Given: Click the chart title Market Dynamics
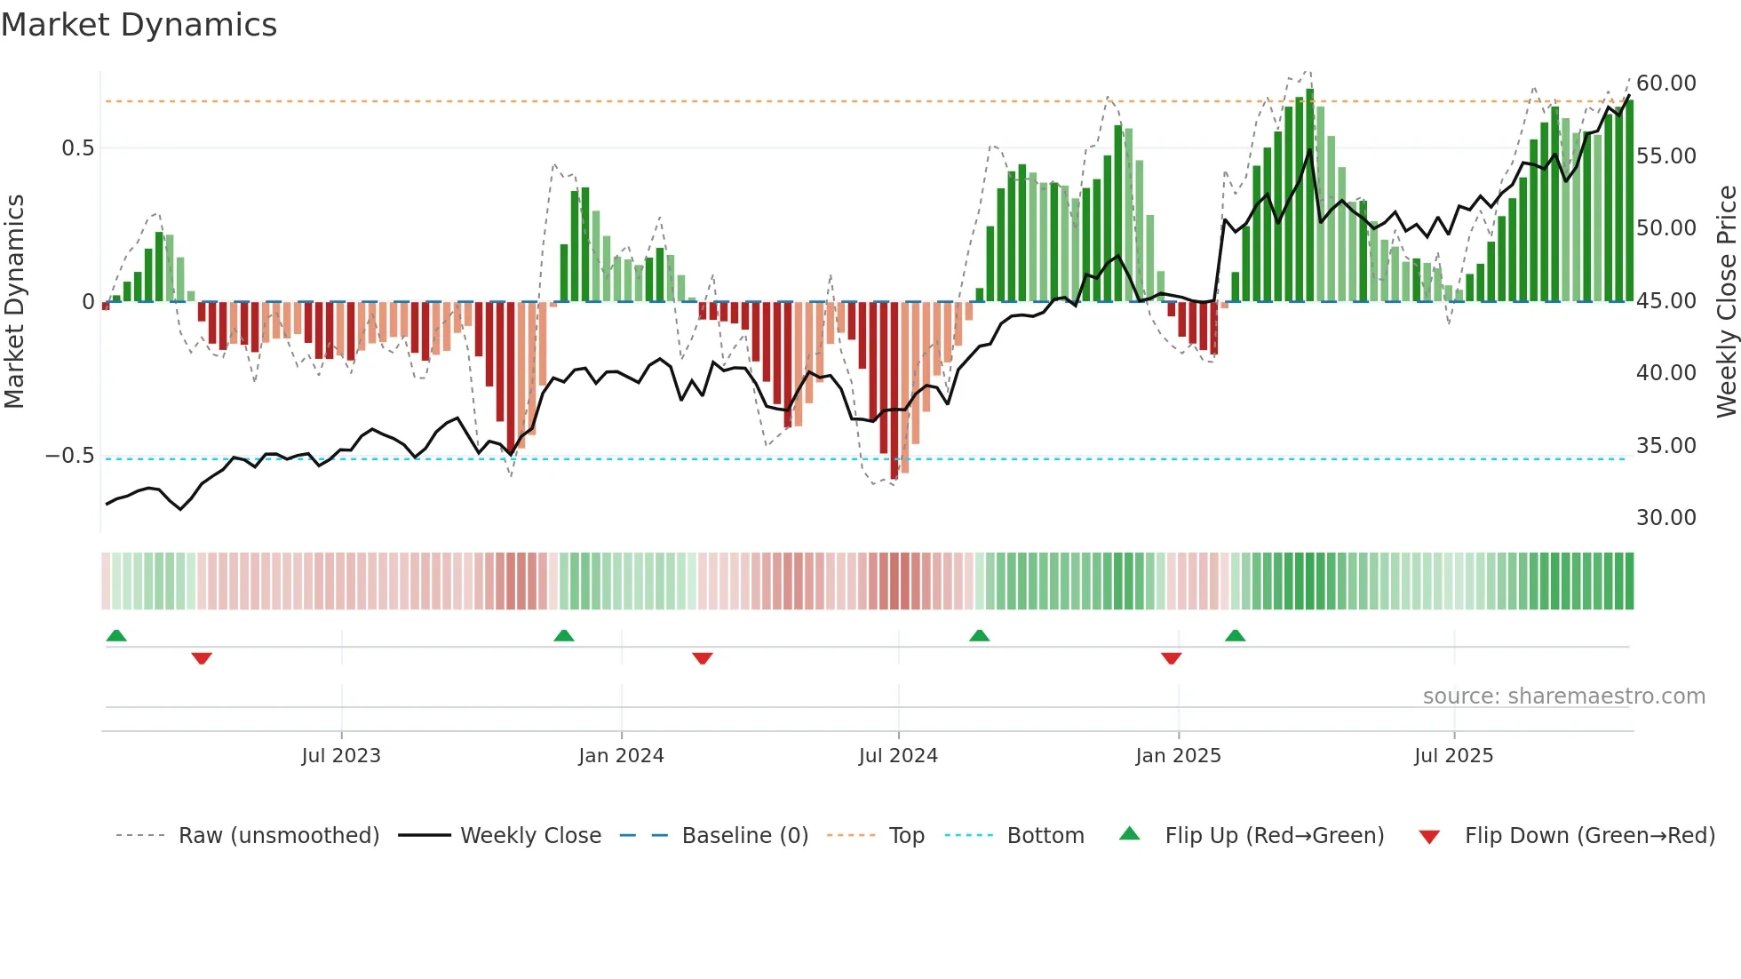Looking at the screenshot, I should coord(139,25).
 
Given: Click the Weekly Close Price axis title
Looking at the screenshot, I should coord(1726,301).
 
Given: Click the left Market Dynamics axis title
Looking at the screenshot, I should coord(14,301).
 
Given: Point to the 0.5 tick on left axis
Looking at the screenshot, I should coord(78,148).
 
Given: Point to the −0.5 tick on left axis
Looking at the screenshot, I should coord(70,456).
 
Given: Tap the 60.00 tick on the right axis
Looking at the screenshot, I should coord(1665,84).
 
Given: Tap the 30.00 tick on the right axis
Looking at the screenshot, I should coord(1665,518).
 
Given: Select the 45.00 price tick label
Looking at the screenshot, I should coord(1665,301).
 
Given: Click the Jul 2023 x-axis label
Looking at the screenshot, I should coord(341,756).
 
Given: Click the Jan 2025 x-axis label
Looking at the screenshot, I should coord(1178,756).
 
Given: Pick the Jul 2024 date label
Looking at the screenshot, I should coord(898,756).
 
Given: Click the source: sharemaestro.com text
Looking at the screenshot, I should coord(1563,696).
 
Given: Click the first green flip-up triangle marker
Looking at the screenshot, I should coord(116,635).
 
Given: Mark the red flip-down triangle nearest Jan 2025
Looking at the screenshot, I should coord(1171,658).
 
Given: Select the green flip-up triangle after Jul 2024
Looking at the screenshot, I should coord(979,635).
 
